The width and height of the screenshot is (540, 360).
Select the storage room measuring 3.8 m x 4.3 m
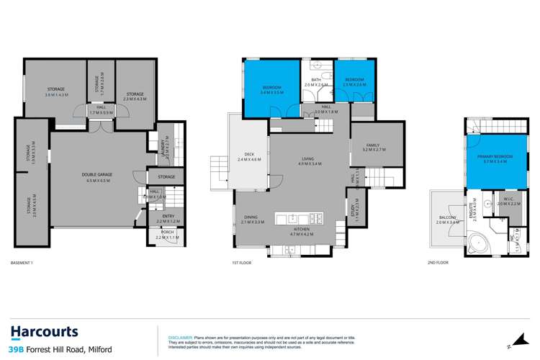click(55, 91)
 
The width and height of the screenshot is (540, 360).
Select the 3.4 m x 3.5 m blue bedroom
click(271, 89)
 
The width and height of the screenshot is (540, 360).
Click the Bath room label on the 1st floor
click(315, 82)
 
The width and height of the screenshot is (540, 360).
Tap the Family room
click(377, 148)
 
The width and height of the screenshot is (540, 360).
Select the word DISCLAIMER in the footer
click(180, 336)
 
